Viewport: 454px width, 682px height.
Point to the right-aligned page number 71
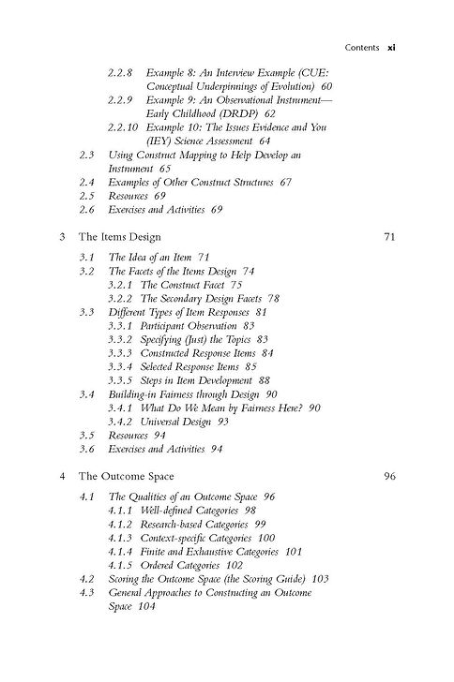(390, 238)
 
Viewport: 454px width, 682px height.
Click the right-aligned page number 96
(390, 475)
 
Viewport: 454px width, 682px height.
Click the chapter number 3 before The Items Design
(61, 238)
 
